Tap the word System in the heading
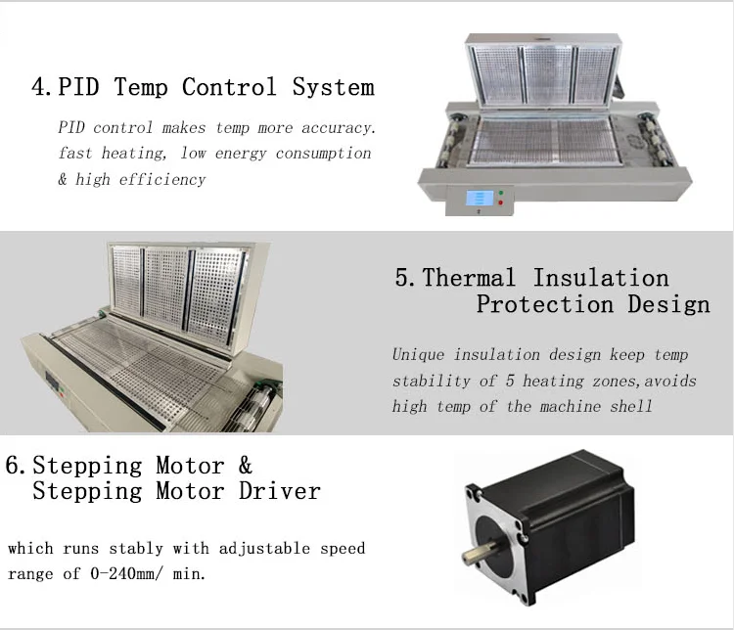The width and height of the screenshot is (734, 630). (x=333, y=88)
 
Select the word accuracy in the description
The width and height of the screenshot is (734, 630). (x=342, y=128)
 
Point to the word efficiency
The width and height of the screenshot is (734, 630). (x=162, y=179)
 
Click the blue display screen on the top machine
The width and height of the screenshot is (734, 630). (x=479, y=197)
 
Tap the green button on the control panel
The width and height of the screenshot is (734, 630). (x=501, y=193)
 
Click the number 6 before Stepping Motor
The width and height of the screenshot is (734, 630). (x=14, y=465)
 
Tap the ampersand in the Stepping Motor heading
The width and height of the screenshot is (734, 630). (x=245, y=465)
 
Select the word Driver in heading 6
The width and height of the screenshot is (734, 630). (x=280, y=490)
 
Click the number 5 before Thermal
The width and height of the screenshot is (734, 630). (x=404, y=278)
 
